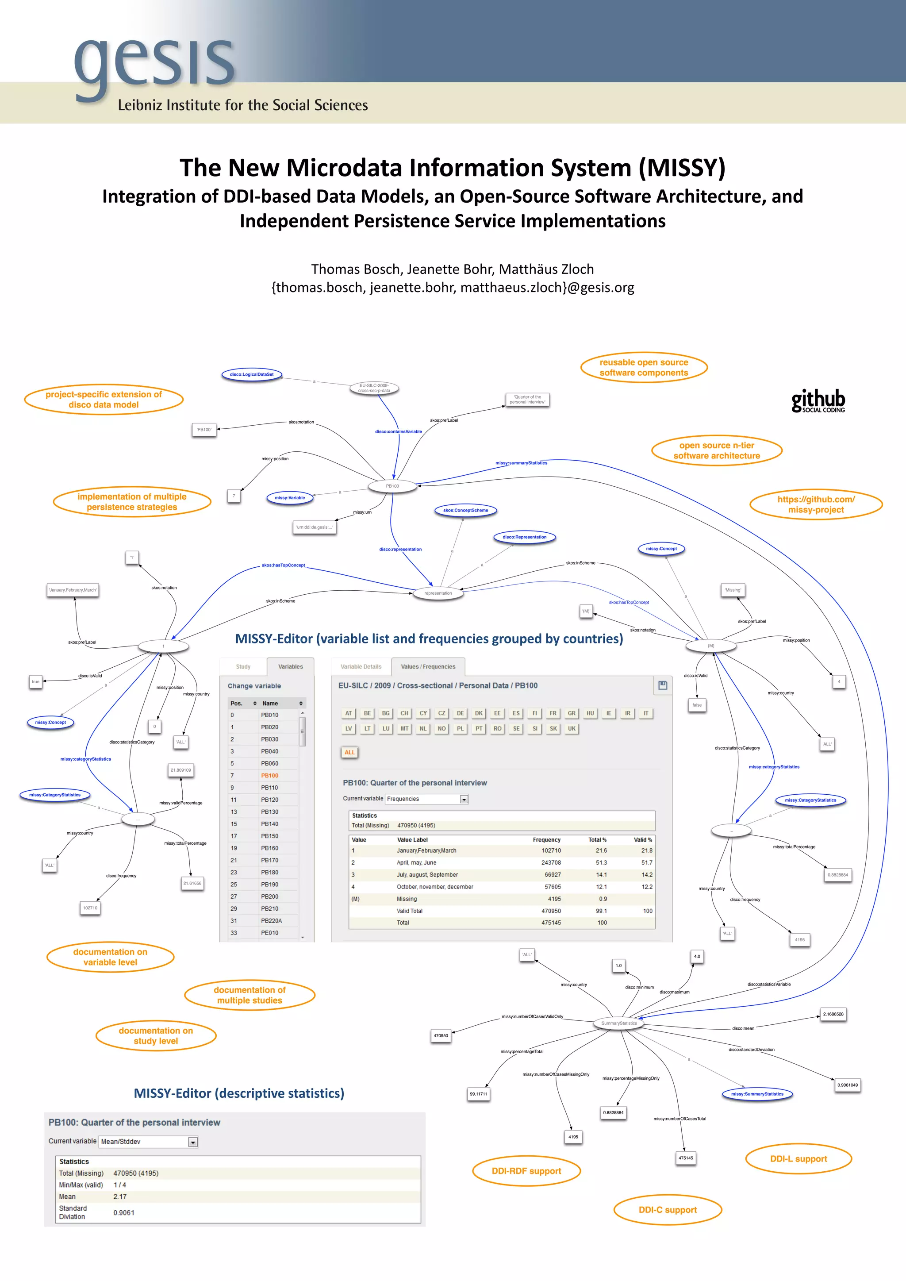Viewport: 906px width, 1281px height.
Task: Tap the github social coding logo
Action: [818, 400]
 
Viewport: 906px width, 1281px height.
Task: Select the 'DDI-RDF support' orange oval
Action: [526, 1170]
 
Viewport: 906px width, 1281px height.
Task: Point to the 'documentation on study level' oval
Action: [156, 1035]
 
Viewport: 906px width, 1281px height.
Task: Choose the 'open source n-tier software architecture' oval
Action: [716, 450]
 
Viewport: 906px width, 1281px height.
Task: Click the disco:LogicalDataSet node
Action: [252, 374]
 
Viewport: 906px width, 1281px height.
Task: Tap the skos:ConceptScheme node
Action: [465, 510]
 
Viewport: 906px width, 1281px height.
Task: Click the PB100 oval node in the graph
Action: [392, 486]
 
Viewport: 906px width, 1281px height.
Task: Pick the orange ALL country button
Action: [349, 752]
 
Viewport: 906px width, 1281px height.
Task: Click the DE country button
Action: [460, 713]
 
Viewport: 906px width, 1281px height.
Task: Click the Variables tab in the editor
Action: [290, 667]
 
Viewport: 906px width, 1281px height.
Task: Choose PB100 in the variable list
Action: [269, 776]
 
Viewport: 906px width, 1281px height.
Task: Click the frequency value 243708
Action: [551, 862]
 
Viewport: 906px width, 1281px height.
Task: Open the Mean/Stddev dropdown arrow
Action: [192, 1142]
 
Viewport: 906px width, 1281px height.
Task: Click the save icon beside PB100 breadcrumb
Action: [663, 685]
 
